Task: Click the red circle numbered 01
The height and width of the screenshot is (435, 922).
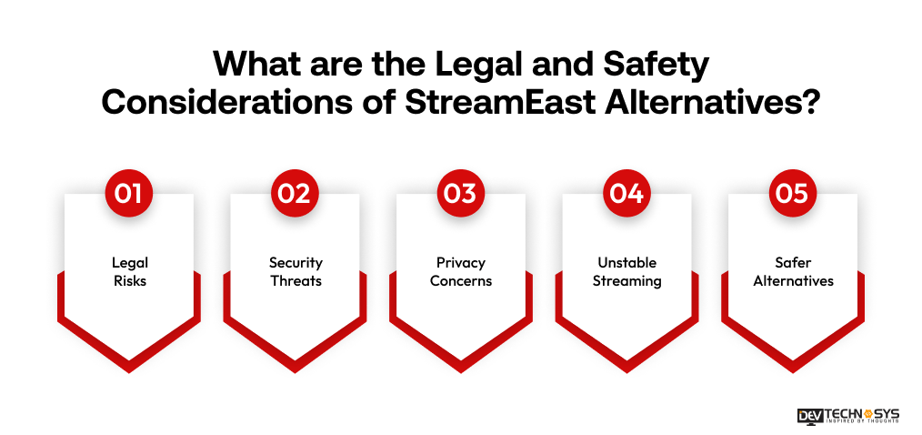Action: [129, 194]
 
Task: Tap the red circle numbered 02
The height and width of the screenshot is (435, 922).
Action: [296, 194]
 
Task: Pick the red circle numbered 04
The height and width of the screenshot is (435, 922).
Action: [627, 194]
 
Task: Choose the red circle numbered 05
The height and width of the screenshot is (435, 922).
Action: [794, 194]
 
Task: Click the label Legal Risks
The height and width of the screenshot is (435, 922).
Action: [129, 271]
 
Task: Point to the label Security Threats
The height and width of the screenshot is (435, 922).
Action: [296, 271]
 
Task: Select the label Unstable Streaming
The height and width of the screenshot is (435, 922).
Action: [627, 271]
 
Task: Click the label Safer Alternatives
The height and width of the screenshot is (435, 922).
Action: [794, 271]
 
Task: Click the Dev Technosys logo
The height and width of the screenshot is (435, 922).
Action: [847, 414]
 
